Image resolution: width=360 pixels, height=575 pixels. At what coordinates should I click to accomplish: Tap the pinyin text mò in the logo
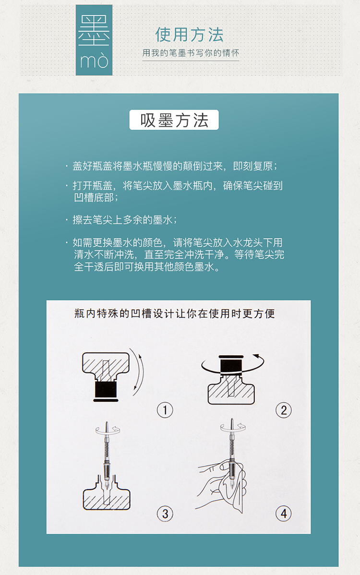pyautogui.click(x=94, y=60)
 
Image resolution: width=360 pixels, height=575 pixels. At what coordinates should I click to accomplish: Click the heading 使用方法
pyautogui.click(x=189, y=35)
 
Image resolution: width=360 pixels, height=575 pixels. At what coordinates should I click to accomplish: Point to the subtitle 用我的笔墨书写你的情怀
pyautogui.click(x=191, y=53)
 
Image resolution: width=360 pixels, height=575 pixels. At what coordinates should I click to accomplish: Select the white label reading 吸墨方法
pyautogui.click(x=174, y=120)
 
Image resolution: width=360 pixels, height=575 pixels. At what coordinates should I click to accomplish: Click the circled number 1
pyautogui.click(x=165, y=410)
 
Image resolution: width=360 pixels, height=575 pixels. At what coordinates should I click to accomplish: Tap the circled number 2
pyautogui.click(x=283, y=410)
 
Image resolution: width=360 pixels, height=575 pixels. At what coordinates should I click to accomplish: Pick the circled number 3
pyautogui.click(x=165, y=514)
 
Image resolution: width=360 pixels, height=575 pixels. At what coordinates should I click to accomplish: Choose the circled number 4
pyautogui.click(x=283, y=514)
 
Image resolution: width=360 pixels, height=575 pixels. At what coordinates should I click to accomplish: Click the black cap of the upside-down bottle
pyautogui.click(x=106, y=391)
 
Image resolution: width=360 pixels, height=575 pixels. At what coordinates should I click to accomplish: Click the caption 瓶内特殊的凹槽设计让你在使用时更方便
pyautogui.click(x=175, y=313)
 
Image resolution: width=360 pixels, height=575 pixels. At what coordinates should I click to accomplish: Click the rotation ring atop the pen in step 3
pyautogui.click(x=107, y=431)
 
